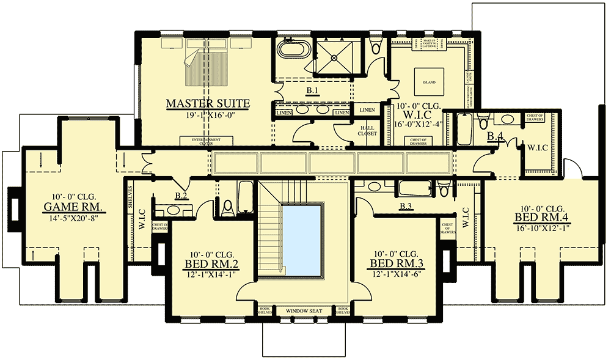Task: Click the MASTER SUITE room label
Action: click(208, 103)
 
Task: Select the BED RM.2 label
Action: click(211, 264)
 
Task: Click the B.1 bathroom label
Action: click(313, 90)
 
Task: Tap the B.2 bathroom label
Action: click(180, 196)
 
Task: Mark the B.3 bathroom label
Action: click(406, 207)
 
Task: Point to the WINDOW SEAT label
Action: click(304, 311)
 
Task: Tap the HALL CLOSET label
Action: click(367, 130)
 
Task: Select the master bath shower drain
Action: click(334, 58)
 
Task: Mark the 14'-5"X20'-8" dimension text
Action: click(67, 216)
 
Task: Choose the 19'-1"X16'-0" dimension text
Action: click(208, 114)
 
